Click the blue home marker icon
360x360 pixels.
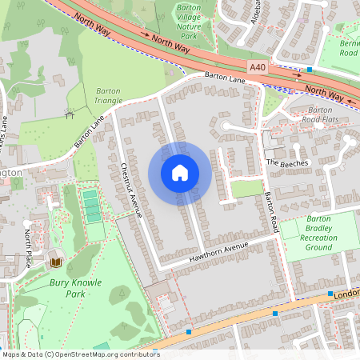(x=180, y=173)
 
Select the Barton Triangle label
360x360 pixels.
(x=109, y=95)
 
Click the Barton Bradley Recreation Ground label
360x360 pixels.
(x=318, y=232)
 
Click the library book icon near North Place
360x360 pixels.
(x=56, y=262)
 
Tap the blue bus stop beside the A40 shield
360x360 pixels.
(x=309, y=70)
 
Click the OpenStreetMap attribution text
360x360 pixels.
(x=80, y=354)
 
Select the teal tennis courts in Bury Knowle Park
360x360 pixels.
(x=93, y=205)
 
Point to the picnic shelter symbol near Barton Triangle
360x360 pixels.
(x=70, y=113)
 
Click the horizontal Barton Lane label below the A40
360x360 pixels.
(x=224, y=77)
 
